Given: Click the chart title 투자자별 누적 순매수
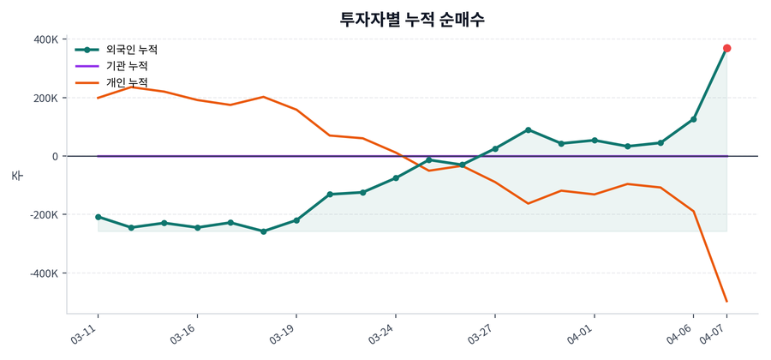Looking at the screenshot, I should click(412, 19).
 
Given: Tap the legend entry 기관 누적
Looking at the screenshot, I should click(126, 66).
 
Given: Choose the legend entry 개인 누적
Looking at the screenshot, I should click(126, 82).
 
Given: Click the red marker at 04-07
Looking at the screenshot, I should click(726, 48).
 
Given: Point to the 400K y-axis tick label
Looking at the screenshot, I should click(45, 39).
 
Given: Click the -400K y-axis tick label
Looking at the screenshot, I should click(43, 273).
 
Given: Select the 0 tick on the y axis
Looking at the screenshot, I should click(54, 156).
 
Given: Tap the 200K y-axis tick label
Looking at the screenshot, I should click(45, 98).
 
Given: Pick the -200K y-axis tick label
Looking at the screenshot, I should click(43, 215).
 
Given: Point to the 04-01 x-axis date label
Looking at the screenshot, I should click(581, 334).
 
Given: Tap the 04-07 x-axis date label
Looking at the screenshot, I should click(714, 334).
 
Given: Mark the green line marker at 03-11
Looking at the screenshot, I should click(98, 217).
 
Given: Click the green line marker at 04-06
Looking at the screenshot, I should click(693, 119).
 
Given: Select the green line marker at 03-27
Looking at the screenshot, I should click(495, 149).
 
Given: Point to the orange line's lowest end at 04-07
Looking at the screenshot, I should click(726, 301).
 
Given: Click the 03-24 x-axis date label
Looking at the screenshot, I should click(382, 334).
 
